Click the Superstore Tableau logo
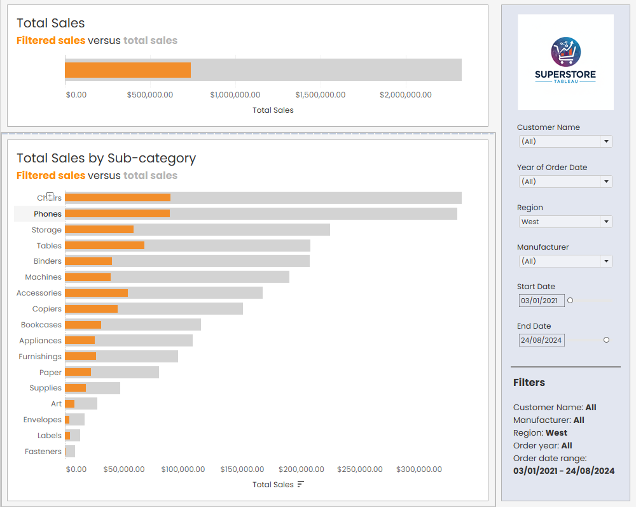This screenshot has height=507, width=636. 565,62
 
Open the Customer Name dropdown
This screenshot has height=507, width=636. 565,141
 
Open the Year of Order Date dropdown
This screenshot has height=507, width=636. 565,182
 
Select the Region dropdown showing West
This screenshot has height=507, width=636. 565,222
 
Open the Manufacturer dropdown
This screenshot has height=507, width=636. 565,261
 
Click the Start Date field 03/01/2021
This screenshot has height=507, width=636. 541,301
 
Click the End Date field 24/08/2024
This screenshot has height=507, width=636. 541,340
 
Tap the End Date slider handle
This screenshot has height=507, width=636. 606,340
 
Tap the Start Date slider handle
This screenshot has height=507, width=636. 570,301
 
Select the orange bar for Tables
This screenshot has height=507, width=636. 104,245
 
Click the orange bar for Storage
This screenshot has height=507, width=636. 99,229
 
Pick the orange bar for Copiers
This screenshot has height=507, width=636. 91,309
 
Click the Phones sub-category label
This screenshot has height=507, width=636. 48,214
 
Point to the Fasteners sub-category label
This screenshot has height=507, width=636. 43,452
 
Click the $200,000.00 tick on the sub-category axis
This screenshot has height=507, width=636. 300,469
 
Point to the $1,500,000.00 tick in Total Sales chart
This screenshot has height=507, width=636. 321,95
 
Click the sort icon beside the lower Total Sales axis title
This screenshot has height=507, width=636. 301,485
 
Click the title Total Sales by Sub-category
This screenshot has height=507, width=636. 106,158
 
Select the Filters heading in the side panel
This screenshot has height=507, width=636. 529,382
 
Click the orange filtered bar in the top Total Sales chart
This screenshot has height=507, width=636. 128,70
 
